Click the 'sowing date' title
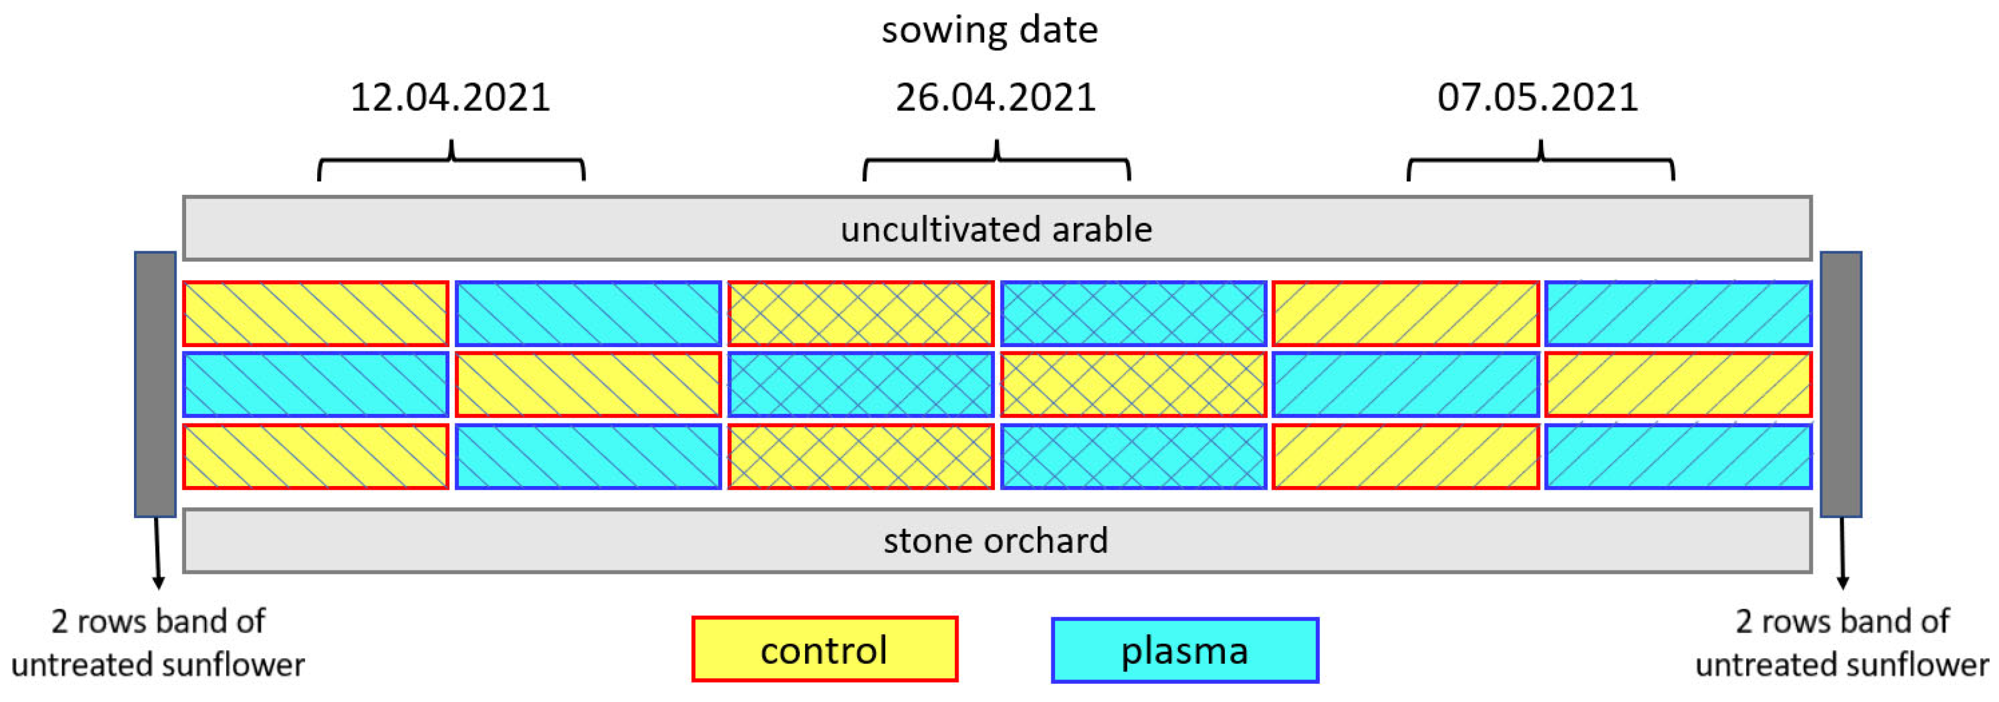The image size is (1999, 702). [989, 30]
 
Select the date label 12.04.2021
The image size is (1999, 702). [450, 98]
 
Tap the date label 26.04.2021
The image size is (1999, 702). [996, 98]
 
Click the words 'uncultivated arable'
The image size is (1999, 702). [996, 229]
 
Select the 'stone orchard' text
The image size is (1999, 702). [996, 541]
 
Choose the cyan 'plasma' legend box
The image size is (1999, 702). [1184, 650]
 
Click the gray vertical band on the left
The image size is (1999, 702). [155, 383]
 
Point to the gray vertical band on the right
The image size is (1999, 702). [1841, 383]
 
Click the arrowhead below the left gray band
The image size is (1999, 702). [158, 583]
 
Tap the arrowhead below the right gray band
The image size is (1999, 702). [1843, 583]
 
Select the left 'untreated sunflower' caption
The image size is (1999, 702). [158, 644]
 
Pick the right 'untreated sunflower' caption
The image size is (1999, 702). [1842, 644]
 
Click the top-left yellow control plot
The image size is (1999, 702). [316, 313]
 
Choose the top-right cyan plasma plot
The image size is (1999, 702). [1678, 313]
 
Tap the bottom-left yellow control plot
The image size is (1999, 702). [316, 456]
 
